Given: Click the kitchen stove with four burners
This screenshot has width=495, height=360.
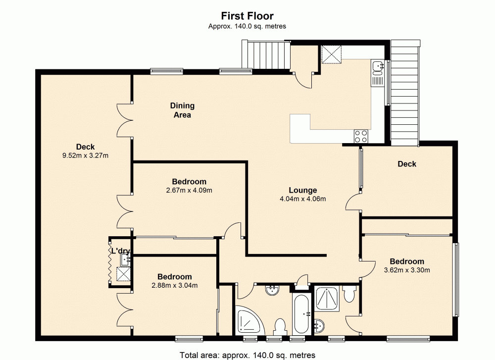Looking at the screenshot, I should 361,136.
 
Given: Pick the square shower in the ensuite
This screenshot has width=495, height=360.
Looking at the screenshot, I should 327,299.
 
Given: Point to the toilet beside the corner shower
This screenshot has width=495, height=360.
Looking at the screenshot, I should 280,327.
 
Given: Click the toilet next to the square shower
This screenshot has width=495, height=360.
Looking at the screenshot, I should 349,294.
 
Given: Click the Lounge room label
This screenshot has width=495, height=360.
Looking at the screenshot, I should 303,190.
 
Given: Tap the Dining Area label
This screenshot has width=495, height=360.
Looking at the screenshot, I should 182,110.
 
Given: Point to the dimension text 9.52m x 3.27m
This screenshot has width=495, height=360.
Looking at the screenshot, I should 85,155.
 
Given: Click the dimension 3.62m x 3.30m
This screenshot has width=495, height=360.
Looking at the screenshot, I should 407,270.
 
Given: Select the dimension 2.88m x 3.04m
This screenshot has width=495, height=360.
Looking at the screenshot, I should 175,285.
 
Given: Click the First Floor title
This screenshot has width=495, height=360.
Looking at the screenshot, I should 247,16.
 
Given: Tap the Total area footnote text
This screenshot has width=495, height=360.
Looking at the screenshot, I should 247,355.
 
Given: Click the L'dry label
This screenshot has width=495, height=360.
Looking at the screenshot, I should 120,251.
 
